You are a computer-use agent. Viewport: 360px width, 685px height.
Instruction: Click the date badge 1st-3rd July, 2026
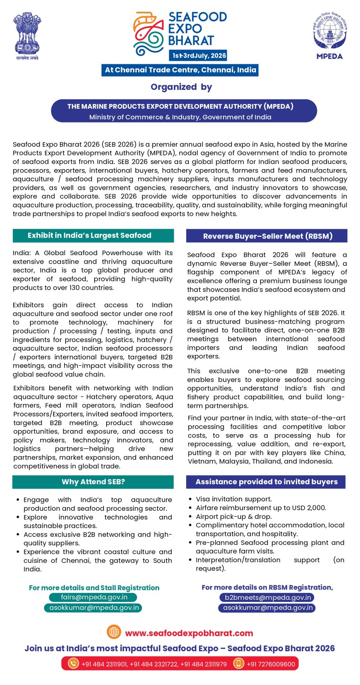coord(199,56)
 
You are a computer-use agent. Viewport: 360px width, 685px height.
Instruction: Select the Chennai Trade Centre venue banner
coord(180,70)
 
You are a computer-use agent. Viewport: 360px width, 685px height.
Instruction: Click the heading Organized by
coord(181,87)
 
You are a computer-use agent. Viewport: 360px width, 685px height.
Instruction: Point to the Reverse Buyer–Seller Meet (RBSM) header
coord(267,236)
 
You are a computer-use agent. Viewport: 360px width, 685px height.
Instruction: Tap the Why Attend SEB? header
coord(93,482)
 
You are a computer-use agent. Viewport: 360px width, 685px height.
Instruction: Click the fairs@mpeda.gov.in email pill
coord(94,597)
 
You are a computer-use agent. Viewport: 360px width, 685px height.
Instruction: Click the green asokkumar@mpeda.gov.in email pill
coord(93,608)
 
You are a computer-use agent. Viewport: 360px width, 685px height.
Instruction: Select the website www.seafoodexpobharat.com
coord(189,633)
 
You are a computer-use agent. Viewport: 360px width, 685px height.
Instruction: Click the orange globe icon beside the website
coord(114,632)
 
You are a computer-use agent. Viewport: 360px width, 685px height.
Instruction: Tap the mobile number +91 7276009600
coord(271,664)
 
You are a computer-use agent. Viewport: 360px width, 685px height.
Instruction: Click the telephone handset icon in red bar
coord(74,664)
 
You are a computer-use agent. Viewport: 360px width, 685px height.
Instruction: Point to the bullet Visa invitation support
coord(233,499)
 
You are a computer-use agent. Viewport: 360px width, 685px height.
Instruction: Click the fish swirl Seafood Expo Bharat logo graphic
coord(148,34)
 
